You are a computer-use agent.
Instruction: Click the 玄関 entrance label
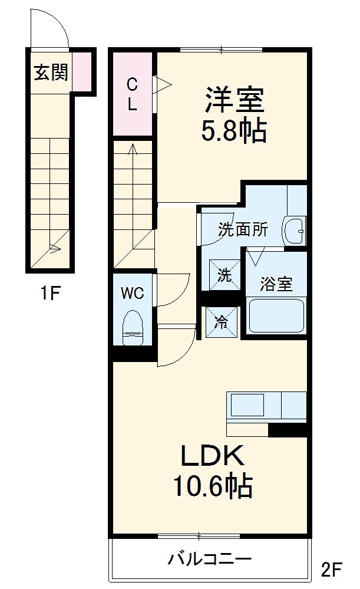point(50,73)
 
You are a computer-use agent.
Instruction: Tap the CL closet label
point(133,95)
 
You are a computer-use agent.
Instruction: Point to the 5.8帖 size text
point(234,131)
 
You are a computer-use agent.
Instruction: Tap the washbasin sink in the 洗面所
point(294,231)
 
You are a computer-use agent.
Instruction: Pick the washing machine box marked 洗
point(225,275)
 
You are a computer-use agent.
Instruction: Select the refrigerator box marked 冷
point(222,323)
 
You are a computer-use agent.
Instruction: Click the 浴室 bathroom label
point(276,284)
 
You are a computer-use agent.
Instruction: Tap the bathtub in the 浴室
point(275,316)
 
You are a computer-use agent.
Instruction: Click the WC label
point(133,294)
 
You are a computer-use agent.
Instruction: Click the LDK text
point(212,456)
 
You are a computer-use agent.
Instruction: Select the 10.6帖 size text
point(212,487)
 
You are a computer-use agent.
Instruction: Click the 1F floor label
point(50,293)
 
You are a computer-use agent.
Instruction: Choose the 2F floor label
point(332,570)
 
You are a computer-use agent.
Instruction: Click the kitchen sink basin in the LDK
point(247,406)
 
